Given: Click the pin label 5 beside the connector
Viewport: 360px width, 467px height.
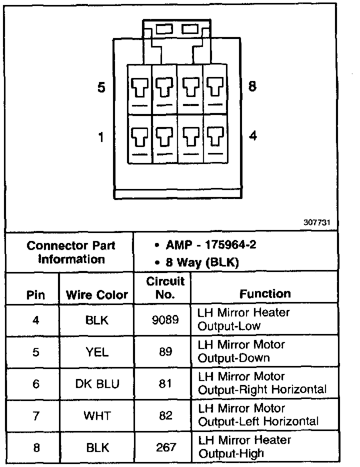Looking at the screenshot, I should (101, 88).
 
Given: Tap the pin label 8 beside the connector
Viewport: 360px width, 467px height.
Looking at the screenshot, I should (252, 86).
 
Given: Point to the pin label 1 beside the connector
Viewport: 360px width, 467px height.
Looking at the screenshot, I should (101, 136).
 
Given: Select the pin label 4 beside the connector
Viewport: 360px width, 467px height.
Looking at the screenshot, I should (253, 135).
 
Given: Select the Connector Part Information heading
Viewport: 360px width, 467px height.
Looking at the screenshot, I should (70, 252).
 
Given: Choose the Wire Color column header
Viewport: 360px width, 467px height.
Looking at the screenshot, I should (97, 294).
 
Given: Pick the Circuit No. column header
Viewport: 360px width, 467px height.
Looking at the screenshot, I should (165, 287).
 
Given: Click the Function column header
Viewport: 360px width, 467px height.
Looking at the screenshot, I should (265, 294).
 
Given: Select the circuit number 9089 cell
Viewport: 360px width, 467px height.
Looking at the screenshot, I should (165, 319).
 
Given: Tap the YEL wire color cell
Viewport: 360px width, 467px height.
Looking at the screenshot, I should (97, 351).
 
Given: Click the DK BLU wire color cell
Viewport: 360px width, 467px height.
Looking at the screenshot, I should (97, 383).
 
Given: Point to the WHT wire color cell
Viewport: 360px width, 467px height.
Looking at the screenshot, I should (97, 415).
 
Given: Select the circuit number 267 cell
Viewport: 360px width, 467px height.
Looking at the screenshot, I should (165, 447).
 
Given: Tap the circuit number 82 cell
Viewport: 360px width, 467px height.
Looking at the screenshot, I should (165, 415).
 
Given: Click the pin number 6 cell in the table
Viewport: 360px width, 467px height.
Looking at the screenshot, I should (35, 383).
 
